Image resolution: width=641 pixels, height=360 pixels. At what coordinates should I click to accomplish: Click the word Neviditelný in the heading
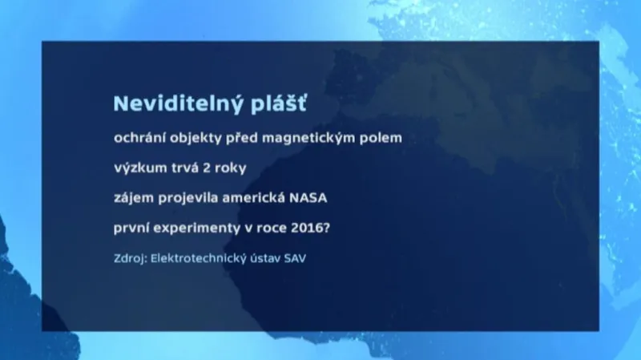coord(166,104)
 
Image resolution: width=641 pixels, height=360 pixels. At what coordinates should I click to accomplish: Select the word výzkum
coord(139,168)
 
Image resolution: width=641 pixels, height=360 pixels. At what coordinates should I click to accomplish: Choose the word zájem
coord(134,198)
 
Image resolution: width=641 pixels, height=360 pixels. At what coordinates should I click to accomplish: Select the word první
coord(133,228)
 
